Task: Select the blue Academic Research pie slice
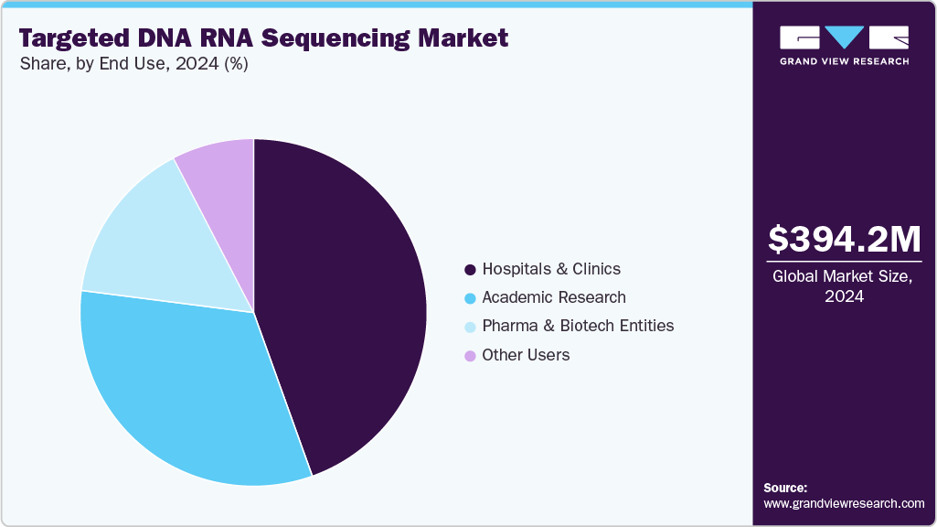(x=192, y=393)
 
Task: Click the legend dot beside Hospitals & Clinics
(x=470, y=270)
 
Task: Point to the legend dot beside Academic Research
(x=470, y=298)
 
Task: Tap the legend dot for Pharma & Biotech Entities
(x=470, y=327)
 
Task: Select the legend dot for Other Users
(x=470, y=355)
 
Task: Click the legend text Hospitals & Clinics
(x=551, y=269)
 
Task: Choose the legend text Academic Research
(x=554, y=297)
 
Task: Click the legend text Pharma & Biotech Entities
(x=578, y=326)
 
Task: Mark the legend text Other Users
(x=526, y=355)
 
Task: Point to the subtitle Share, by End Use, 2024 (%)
(x=133, y=65)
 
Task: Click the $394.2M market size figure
(x=844, y=240)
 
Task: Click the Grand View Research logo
(x=844, y=44)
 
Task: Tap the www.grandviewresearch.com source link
(x=844, y=503)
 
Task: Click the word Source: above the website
(x=785, y=488)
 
